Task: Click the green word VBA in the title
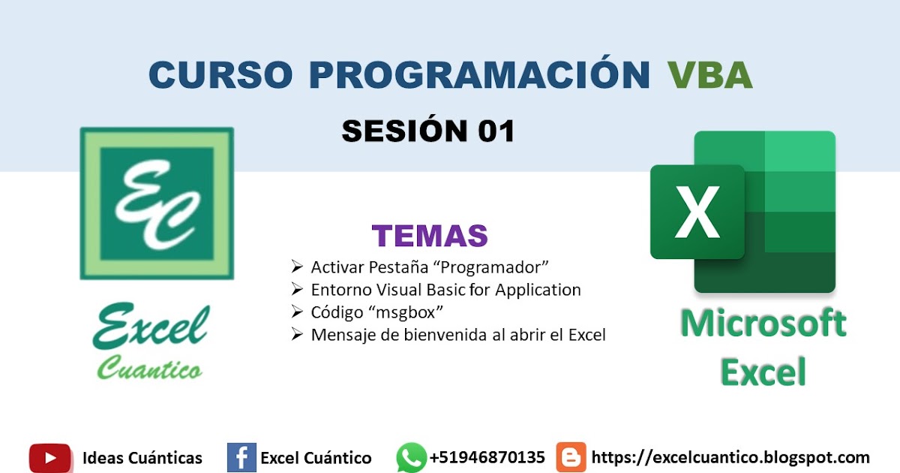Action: tap(709, 75)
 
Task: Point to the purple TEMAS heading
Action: tap(430, 236)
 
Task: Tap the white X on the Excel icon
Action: tap(697, 211)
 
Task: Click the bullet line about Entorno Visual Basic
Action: tap(445, 290)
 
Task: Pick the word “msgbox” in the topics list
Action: tap(412, 312)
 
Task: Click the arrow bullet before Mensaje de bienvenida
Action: tap(296, 335)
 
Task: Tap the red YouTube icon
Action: tap(50, 457)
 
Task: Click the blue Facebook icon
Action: tap(241, 457)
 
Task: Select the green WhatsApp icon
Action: tap(411, 457)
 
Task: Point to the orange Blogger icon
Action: tap(571, 457)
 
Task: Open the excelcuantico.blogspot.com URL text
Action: tap(730, 457)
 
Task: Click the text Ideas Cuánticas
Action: tap(142, 458)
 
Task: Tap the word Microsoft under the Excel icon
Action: tap(763, 324)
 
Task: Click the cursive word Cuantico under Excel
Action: tap(149, 369)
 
